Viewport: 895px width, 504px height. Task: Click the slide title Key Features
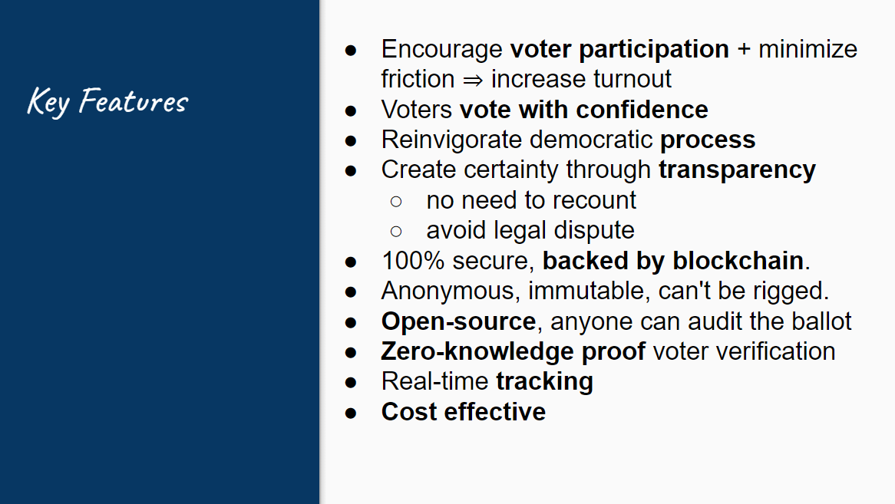click(107, 101)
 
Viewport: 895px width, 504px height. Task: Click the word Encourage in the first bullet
click(442, 50)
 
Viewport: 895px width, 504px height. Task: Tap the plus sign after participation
click(744, 49)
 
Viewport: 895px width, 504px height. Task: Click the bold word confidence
click(642, 110)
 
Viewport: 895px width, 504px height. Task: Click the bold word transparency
click(737, 170)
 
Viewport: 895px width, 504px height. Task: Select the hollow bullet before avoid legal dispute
click(396, 232)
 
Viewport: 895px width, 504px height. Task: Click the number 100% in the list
click(413, 261)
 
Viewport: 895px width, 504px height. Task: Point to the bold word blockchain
click(738, 261)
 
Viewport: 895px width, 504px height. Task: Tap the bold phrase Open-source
click(458, 321)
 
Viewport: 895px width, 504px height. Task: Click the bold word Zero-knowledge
click(477, 352)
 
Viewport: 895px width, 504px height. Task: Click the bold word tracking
click(544, 382)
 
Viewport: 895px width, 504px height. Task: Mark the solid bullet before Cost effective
click(351, 413)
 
